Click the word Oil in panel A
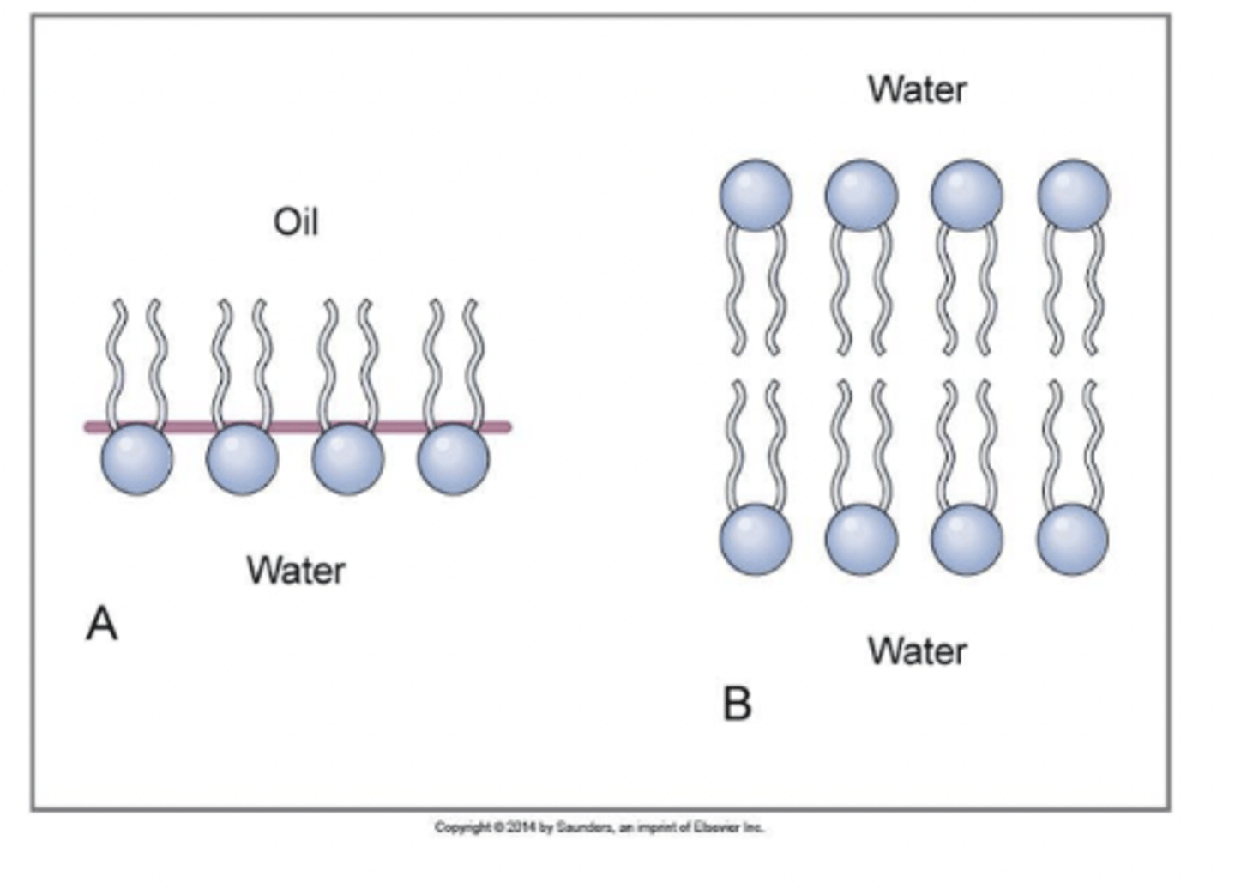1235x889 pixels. pyautogui.click(x=296, y=222)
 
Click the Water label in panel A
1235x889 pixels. pyautogui.click(x=296, y=571)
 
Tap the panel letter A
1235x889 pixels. pyautogui.click(x=101, y=624)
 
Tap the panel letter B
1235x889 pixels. pyautogui.click(x=738, y=704)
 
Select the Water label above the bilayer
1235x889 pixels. pyautogui.click(x=917, y=89)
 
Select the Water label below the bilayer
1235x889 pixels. pyautogui.click(x=917, y=651)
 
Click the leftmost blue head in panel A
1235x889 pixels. pyautogui.click(x=137, y=459)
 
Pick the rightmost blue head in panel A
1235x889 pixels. pyautogui.click(x=454, y=459)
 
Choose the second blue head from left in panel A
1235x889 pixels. pyautogui.click(x=243, y=459)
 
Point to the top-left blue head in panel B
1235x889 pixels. pyautogui.click(x=756, y=195)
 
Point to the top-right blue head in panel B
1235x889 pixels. pyautogui.click(x=1074, y=195)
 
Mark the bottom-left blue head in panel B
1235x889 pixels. pyautogui.click(x=756, y=539)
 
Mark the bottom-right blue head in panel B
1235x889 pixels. pyautogui.click(x=1073, y=539)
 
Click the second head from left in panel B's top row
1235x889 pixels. pyautogui.click(x=861, y=195)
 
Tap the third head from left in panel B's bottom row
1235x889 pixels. pyautogui.click(x=967, y=539)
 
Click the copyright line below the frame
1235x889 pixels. pyautogui.click(x=599, y=828)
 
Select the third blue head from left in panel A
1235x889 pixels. pyautogui.click(x=348, y=459)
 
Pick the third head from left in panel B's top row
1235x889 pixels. pyautogui.click(x=967, y=195)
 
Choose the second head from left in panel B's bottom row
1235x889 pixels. pyautogui.click(x=861, y=539)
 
